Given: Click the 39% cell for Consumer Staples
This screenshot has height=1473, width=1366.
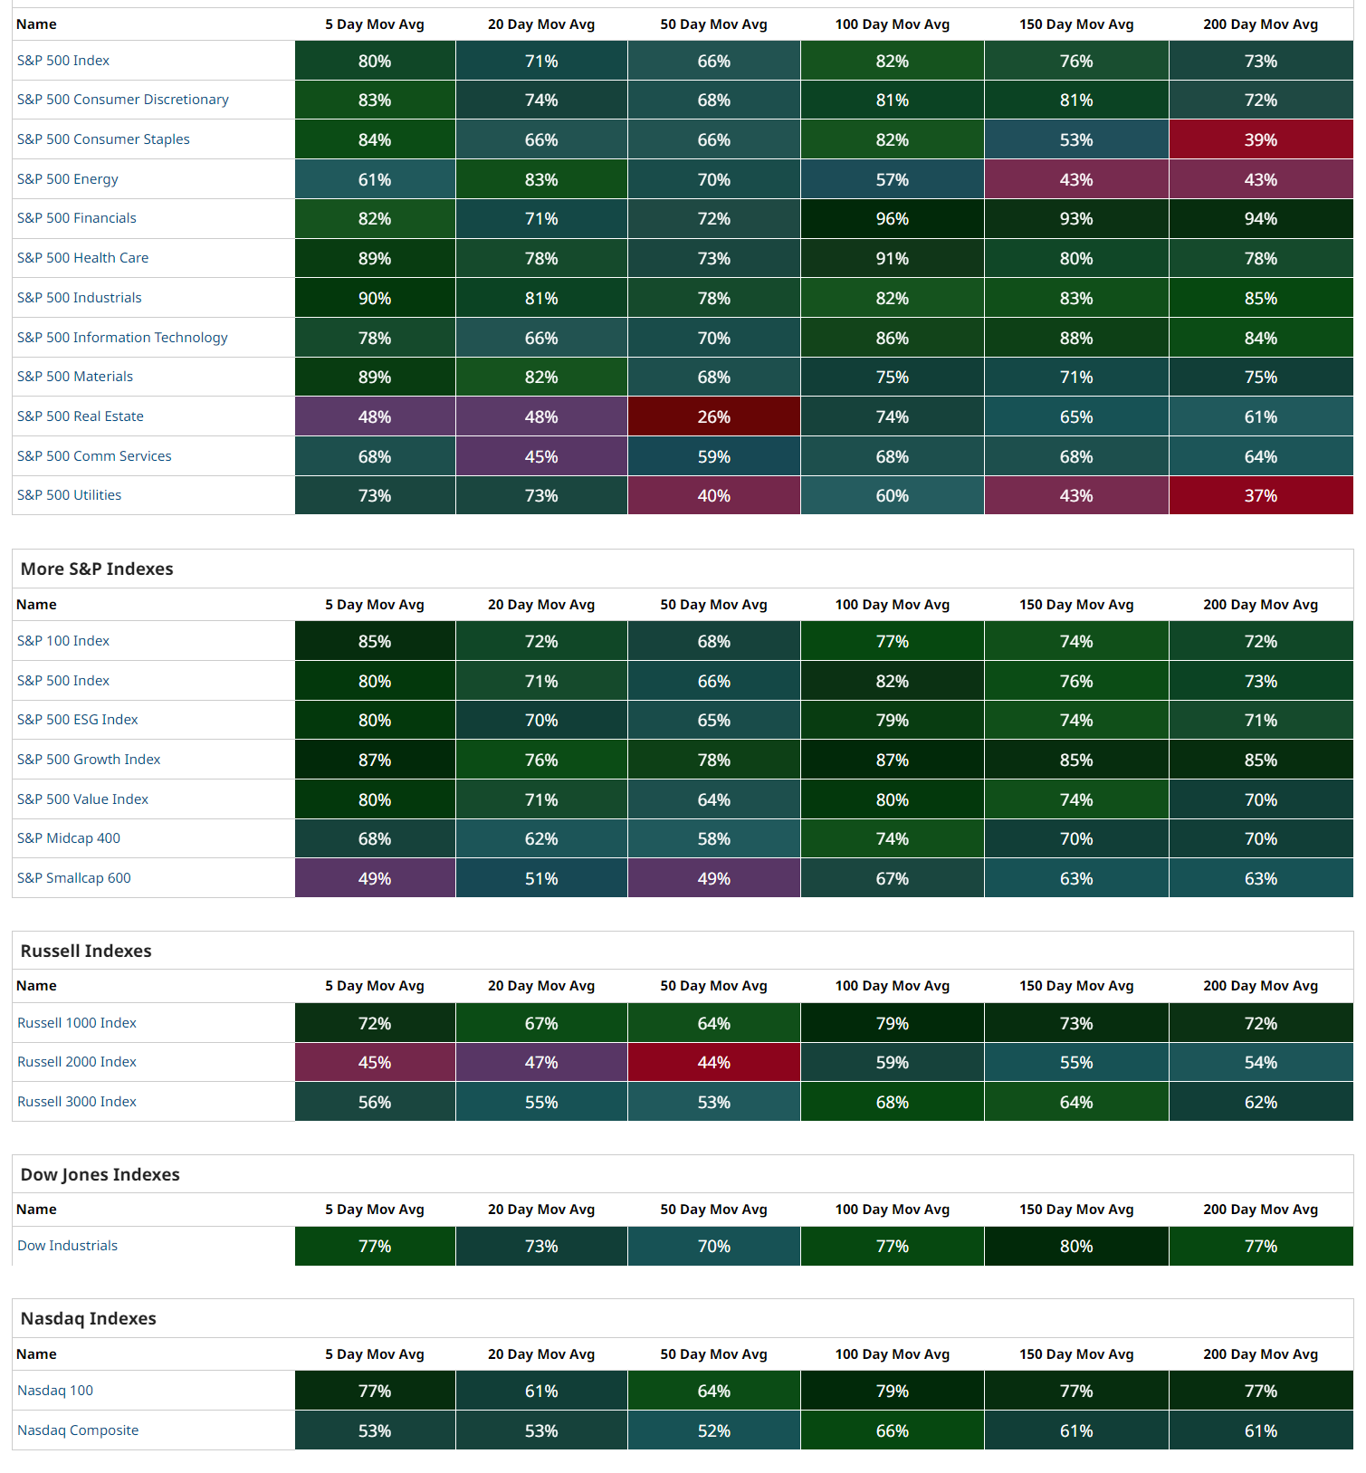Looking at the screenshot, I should tap(1260, 139).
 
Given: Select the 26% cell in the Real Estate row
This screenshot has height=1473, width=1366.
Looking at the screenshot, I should tap(713, 416).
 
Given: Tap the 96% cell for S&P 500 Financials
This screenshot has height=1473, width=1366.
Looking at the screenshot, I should tap(892, 218).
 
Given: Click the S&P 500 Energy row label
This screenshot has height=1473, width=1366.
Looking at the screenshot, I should tap(68, 179).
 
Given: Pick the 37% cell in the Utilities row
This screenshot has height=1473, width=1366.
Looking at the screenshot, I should tap(1260, 495).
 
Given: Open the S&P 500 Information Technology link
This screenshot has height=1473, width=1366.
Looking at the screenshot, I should tap(122, 338).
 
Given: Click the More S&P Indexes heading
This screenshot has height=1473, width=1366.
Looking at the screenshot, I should tap(97, 569).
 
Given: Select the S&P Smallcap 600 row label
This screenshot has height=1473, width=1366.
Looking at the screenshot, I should tap(74, 878).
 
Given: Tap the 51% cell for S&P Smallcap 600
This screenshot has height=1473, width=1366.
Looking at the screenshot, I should tap(541, 878).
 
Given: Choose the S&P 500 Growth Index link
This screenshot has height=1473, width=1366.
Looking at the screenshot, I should tap(89, 760).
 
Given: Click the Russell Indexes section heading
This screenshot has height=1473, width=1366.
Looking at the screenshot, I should tap(86, 951).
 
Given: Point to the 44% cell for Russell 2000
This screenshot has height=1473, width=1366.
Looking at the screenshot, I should tap(713, 1062).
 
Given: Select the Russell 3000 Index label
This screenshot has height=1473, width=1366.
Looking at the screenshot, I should tap(77, 1102).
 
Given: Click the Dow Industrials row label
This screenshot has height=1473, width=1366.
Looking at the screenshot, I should tap(68, 1246).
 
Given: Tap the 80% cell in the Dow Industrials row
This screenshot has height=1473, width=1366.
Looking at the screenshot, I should tap(1076, 1246).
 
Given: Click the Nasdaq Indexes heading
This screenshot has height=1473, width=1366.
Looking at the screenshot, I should tap(89, 1318).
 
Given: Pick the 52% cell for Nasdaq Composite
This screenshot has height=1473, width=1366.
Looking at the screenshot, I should tap(713, 1430).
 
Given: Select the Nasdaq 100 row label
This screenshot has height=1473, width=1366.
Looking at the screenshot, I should tap(55, 1391).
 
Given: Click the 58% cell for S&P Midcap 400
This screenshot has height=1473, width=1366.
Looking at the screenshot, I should tap(713, 838).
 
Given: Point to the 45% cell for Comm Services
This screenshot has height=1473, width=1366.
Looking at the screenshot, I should tap(541, 456).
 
